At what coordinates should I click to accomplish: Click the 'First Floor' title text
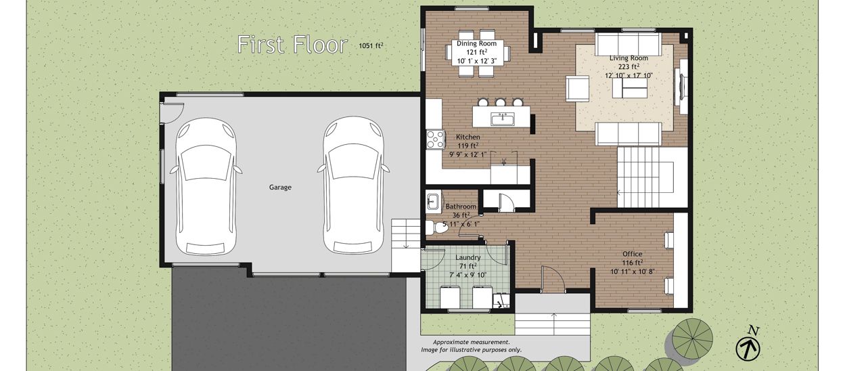coord(292,45)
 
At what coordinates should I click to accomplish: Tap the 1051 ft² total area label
coord(371,45)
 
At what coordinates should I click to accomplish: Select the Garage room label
coord(280,188)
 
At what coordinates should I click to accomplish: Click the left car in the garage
coord(206,186)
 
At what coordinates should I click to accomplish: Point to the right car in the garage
coord(353,185)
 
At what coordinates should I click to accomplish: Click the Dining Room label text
coord(477,43)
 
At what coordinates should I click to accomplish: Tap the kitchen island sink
coord(503,119)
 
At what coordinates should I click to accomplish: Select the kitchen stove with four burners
coord(435,139)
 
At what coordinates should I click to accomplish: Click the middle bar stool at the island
coord(500,102)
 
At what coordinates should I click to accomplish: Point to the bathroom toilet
coord(436,227)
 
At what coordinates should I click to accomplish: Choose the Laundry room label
coord(468,258)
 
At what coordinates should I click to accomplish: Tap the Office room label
coord(633,254)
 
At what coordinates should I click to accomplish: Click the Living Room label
coord(629,58)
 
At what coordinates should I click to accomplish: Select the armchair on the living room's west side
coord(578,89)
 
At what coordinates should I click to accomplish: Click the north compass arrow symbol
coord(748,348)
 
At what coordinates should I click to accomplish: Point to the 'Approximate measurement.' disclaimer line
coord(472,342)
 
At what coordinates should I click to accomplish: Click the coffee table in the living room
coord(630,88)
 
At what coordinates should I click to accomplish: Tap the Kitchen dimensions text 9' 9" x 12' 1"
coord(468,155)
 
